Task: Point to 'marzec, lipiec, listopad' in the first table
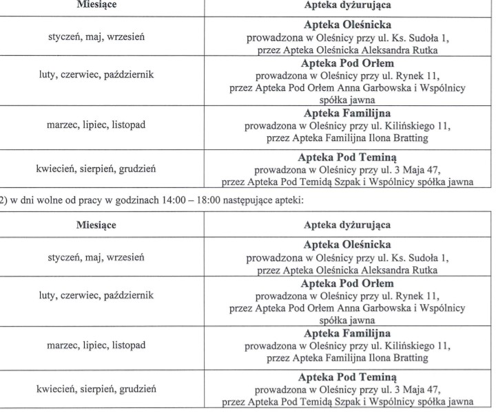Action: (96, 125)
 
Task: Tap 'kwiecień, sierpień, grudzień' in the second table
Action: (96, 389)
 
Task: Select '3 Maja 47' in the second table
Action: (417, 389)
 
